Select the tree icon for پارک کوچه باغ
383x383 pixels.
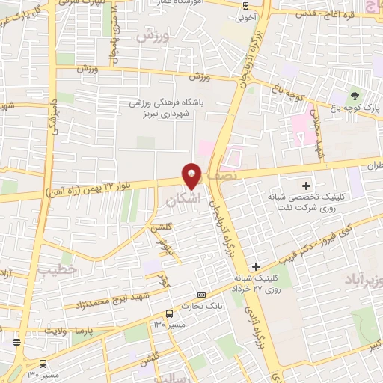pos(354,96)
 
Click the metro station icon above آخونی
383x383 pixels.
pos(247,5)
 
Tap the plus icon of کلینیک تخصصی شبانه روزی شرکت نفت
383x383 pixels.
pos(304,185)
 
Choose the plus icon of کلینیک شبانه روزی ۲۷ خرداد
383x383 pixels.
pos(256,266)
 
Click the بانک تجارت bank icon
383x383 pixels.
pos(200,296)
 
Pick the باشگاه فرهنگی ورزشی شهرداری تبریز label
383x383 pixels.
pos(171,108)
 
